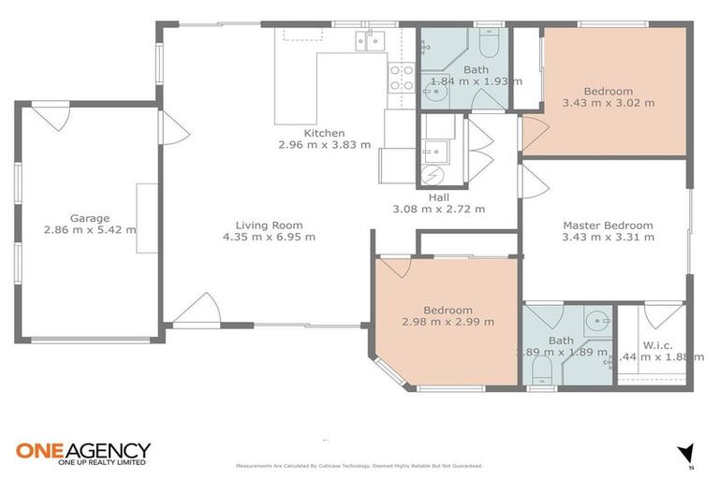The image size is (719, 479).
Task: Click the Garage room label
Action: tap(89, 217)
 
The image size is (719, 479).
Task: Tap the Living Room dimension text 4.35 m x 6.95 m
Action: tap(269, 237)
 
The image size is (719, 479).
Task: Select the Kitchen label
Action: tap(324, 133)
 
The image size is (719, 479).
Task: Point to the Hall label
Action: tap(438, 197)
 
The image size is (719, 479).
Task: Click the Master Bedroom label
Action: tap(607, 225)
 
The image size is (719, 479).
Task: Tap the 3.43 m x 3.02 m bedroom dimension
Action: tap(608, 103)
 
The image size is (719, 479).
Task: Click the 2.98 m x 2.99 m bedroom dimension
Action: tap(447, 322)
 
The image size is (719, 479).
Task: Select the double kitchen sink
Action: tap(370, 39)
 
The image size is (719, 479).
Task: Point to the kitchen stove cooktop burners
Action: tap(402, 77)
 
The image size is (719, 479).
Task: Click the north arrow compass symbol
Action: tap(685, 452)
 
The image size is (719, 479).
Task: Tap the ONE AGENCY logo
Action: tap(82, 453)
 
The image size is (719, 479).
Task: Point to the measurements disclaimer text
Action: tap(359, 465)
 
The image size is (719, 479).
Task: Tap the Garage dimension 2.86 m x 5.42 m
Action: tap(89, 229)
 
